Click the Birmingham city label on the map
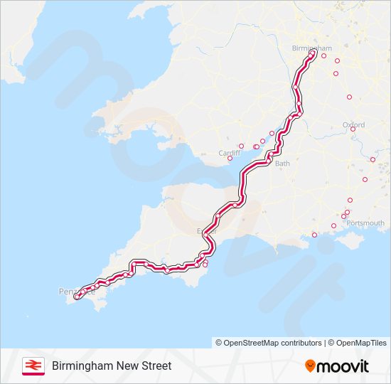[308, 48]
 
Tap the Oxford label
[353, 125]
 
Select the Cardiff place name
[230, 152]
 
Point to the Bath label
[282, 163]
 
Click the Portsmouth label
[365, 223]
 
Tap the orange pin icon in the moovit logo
[310, 366]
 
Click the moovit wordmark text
[343, 366]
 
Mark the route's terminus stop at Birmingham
[312, 52]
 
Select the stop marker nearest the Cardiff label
[230, 159]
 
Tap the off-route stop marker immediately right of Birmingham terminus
[323, 55]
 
